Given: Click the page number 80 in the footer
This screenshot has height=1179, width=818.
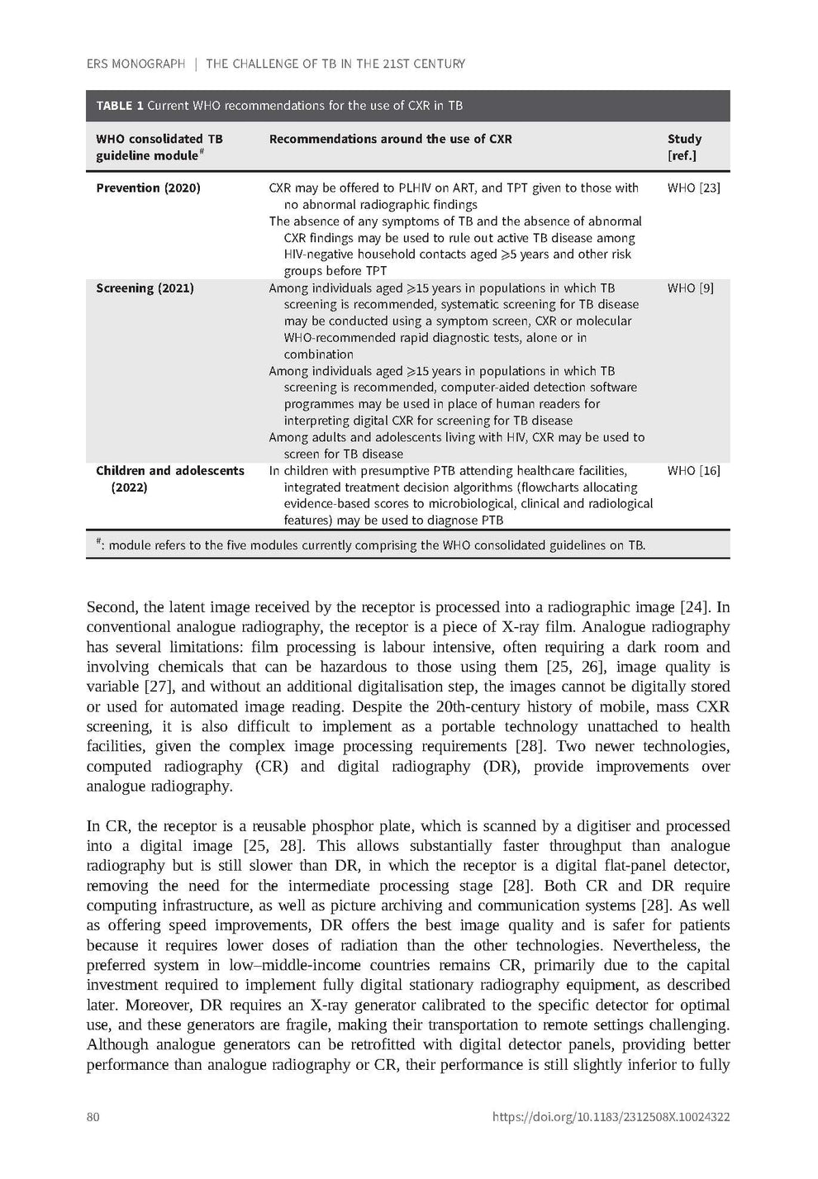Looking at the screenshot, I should pos(93,1117).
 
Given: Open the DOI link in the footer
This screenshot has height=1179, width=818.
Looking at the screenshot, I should pos(611,1117).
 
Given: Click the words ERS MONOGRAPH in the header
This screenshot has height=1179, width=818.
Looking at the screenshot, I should pos(136,64).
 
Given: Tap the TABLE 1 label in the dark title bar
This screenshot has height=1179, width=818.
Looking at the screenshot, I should pos(120,106).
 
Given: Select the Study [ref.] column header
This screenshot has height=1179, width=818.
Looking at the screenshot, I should pos(684,147).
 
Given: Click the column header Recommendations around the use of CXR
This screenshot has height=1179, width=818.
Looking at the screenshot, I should pos(390,139).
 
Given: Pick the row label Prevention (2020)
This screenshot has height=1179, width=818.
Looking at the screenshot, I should pos(148,188).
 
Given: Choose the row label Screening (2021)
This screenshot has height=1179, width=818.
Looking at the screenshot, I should pos(145,288).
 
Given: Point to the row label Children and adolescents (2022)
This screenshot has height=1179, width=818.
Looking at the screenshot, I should pos(169,478).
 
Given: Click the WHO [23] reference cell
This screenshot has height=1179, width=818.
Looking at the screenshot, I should pos(693,188).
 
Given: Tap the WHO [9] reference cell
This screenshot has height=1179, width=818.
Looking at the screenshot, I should pos(690,288).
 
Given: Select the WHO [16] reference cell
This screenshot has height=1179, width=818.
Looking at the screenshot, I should pos(693,471).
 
